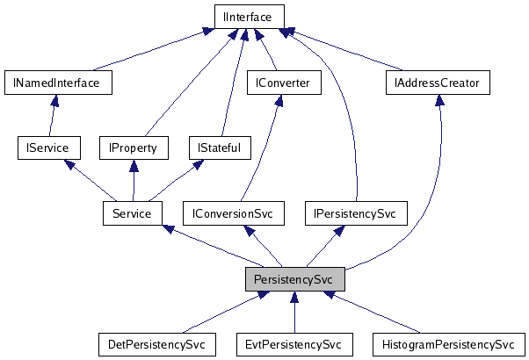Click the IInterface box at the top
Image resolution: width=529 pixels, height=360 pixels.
250,16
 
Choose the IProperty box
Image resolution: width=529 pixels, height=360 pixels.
133,148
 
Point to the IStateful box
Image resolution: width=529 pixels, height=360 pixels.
220,148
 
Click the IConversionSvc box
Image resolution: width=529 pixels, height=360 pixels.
240,212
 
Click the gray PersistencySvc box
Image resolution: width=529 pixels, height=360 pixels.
294,279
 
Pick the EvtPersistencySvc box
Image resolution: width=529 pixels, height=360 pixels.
294,344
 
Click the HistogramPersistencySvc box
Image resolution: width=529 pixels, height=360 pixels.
448,344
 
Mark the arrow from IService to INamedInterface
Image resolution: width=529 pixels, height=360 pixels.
53,115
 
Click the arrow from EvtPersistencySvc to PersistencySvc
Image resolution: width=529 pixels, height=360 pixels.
294,312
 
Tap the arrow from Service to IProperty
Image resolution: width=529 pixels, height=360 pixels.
132,180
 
